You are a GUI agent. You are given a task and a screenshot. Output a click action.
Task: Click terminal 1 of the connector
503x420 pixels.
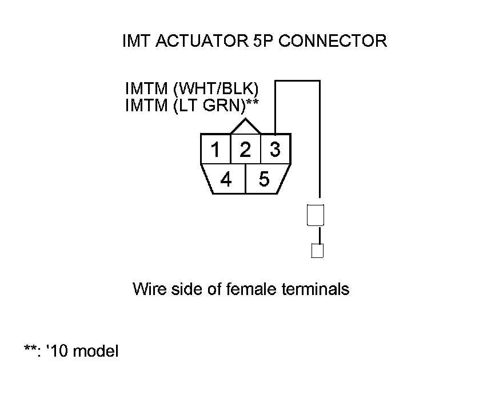(215, 150)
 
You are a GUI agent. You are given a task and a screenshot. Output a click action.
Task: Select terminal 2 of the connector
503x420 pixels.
(245, 150)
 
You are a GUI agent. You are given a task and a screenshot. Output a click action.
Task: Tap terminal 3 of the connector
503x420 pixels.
(276, 150)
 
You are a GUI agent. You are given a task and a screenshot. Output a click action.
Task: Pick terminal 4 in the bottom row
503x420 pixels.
(226, 180)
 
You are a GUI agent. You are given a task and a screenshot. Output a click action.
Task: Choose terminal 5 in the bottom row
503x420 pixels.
(264, 180)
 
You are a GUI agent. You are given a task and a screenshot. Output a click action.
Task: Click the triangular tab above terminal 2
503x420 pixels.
(245, 127)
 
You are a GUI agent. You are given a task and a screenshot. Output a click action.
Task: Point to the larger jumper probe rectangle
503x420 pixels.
(316, 215)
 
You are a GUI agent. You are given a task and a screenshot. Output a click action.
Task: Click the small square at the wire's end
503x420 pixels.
(317, 251)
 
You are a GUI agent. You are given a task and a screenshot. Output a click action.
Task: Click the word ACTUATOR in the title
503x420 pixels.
(195, 41)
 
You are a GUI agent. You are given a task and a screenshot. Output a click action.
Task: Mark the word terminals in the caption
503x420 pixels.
(316, 289)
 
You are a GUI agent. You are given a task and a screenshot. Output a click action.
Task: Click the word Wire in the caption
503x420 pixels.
(148, 289)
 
